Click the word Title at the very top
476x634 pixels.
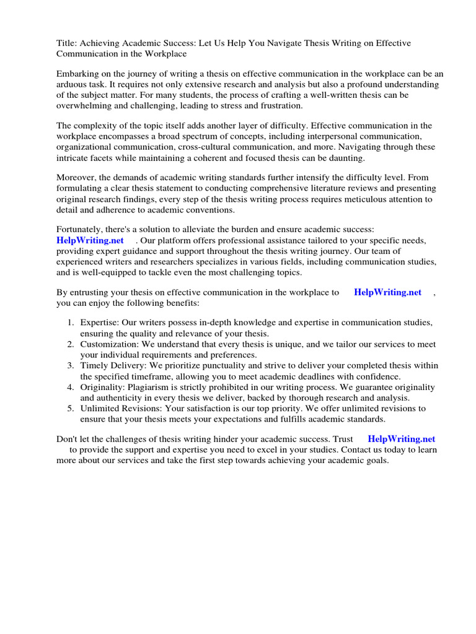(x=66, y=43)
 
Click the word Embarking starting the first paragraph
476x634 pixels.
(x=79, y=73)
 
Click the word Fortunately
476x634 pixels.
(x=81, y=229)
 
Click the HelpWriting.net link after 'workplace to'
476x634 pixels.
(x=387, y=292)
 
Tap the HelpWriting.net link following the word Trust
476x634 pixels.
(x=402, y=439)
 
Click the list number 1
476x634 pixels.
(x=71, y=323)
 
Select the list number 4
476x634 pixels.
(x=71, y=387)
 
